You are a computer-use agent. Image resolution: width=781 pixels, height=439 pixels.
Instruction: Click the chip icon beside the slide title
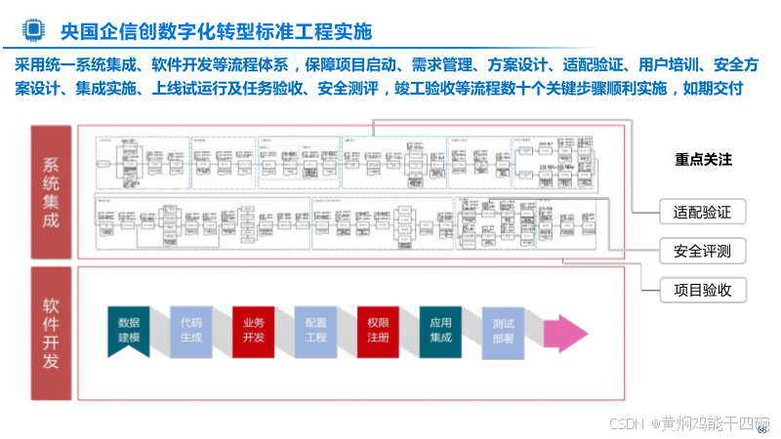(33, 30)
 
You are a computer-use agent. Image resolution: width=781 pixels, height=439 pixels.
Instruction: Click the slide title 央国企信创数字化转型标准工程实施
(216, 31)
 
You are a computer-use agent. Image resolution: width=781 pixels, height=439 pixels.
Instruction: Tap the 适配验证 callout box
(696, 212)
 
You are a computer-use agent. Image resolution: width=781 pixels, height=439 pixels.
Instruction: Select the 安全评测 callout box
(696, 252)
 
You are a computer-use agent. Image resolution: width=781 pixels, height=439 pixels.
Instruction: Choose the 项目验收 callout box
(696, 290)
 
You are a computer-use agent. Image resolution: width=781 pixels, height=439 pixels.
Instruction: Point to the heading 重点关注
(703, 160)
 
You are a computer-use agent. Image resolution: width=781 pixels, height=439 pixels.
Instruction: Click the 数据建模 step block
(129, 329)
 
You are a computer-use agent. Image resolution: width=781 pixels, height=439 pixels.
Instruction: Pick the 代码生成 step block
(191, 329)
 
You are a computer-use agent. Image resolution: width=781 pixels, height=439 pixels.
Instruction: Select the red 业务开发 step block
(253, 329)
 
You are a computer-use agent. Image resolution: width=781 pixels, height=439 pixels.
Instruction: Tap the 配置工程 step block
(316, 329)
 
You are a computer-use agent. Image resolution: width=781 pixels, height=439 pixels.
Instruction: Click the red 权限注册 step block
(378, 329)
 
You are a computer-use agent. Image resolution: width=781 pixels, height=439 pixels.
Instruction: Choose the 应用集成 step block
(440, 329)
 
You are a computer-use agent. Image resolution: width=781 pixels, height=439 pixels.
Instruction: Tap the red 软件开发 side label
(51, 333)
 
